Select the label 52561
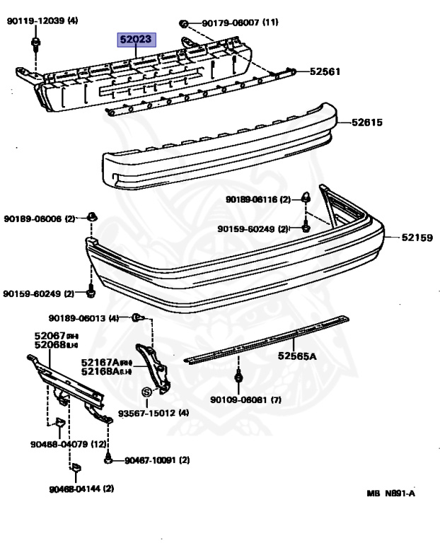[x=325, y=71]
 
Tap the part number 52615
[x=367, y=122]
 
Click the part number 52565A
[x=296, y=356]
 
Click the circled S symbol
[x=147, y=392]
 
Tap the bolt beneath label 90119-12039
[x=35, y=46]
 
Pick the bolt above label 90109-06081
[x=238, y=378]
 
